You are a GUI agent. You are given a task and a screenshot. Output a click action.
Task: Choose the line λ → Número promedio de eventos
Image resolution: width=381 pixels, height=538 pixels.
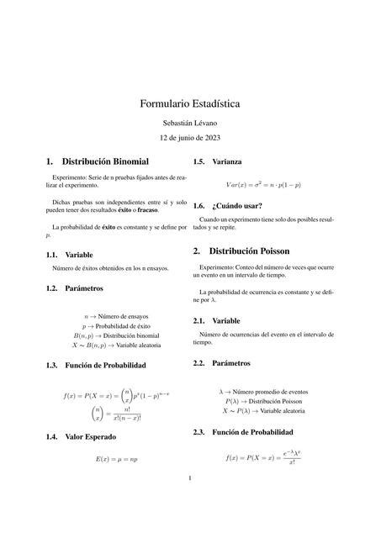263,392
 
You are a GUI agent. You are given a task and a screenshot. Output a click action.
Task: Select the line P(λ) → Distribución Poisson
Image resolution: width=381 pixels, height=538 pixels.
263,402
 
